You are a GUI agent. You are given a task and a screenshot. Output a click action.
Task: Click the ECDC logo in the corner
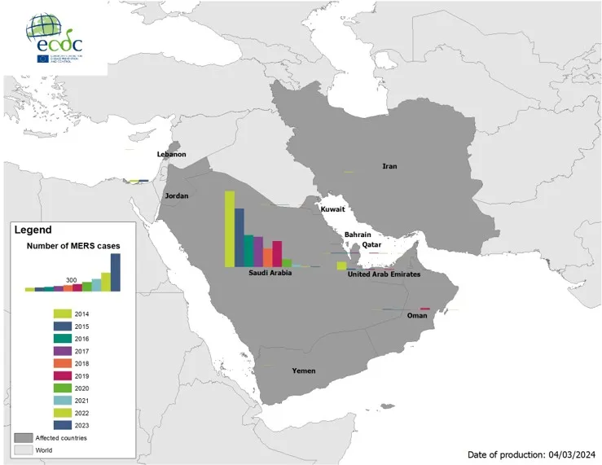55,39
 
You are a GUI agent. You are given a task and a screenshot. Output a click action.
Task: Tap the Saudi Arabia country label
270,273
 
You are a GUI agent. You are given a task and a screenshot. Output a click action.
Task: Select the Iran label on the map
389,166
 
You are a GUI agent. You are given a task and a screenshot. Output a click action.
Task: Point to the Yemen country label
304,371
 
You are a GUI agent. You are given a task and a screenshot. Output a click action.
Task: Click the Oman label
415,316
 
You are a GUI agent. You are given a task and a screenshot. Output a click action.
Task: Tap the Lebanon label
172,154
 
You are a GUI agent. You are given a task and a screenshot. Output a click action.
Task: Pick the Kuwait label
332,209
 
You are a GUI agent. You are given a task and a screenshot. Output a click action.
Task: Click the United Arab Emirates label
384,274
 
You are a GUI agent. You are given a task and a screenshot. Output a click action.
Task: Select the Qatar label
372,244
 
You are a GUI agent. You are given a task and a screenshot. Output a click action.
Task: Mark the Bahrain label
358,235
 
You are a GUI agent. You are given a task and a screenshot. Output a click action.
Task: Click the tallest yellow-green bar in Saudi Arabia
230,229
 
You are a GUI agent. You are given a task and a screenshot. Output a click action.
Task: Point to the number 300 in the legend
72,280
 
